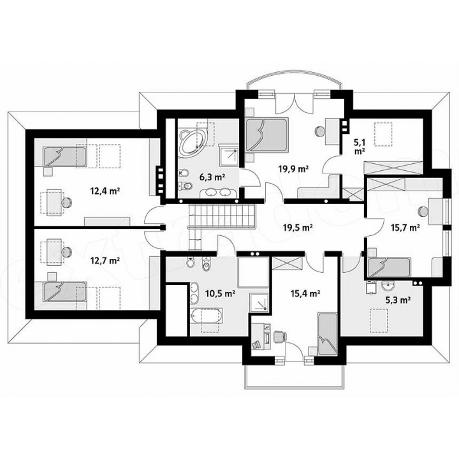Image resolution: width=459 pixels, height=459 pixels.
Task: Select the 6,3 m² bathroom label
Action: tap(212, 177)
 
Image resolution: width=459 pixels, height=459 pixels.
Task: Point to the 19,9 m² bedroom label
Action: tap(293, 169)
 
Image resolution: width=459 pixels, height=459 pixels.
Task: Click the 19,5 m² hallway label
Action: tap(298, 227)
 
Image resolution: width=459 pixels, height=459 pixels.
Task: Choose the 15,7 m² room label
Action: tap(405, 228)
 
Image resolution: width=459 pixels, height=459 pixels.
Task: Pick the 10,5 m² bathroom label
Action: tap(220, 293)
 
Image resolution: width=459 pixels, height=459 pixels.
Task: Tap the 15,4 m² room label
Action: tap(305, 293)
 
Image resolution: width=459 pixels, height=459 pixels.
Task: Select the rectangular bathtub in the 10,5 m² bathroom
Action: tap(207, 316)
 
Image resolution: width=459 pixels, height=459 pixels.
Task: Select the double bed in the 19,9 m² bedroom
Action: tap(266, 135)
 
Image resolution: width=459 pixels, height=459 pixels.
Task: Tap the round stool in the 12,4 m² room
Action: tap(66, 202)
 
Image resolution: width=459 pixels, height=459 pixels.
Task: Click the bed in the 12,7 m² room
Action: tap(65, 291)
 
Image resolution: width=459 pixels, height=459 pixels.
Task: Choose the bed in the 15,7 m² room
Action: tap(390, 268)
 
